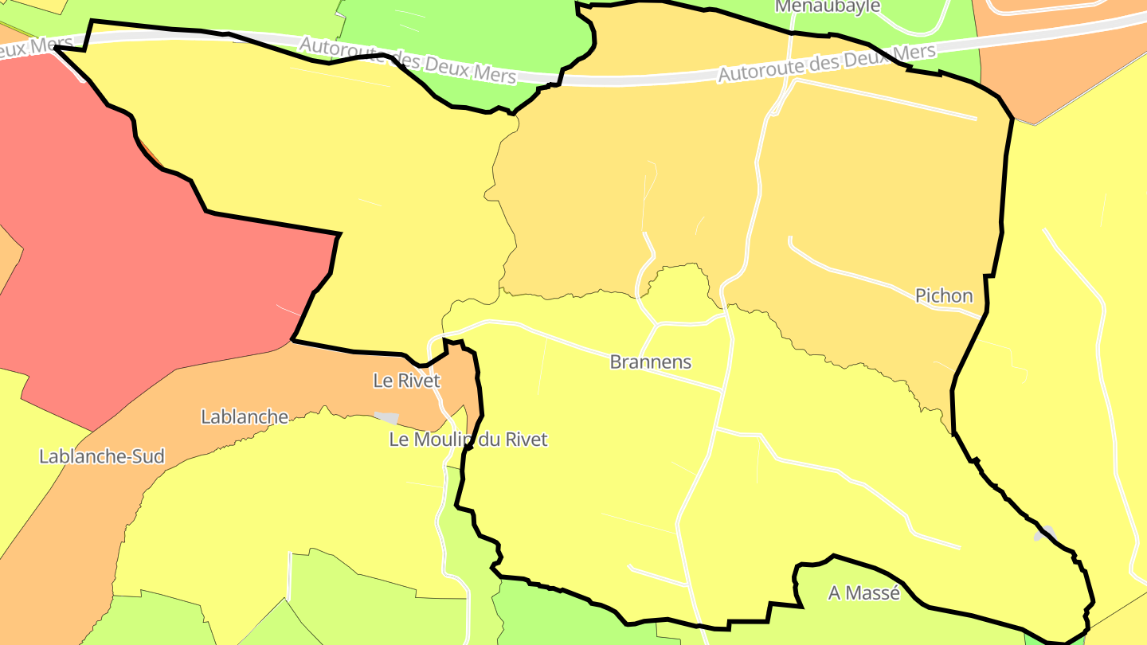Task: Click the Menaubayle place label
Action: point(828,6)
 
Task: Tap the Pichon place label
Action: point(944,296)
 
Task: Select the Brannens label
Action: point(650,362)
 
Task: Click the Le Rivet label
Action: point(406,381)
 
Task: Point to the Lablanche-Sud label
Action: point(102,456)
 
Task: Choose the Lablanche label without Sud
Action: point(244,416)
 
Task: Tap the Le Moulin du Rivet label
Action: point(468,439)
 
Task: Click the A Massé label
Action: point(863,593)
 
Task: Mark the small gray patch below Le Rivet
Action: point(386,417)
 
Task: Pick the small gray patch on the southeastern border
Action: point(1045,533)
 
